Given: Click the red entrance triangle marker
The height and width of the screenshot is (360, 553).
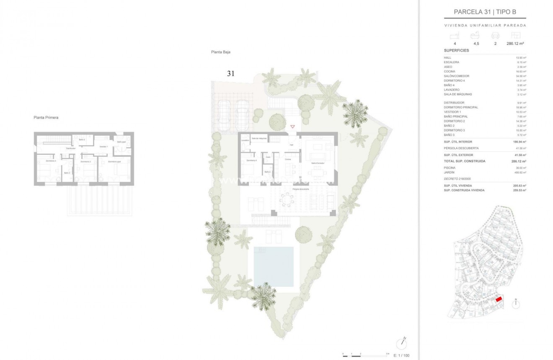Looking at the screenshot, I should pos(292,127).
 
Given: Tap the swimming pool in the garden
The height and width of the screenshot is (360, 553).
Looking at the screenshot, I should pos(274,266).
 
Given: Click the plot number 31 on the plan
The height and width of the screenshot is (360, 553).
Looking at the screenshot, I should pos(230,73).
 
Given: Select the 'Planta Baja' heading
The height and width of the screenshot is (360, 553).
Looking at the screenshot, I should pos(221,52).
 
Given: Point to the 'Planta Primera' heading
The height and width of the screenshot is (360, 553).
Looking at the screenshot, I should pos(46,118).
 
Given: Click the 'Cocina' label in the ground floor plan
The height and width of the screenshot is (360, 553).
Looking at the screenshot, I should pos(288,160).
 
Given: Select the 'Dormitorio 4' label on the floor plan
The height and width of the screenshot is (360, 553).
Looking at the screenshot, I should pos(251,161).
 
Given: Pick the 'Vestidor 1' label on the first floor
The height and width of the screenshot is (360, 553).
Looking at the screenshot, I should pos(103,147).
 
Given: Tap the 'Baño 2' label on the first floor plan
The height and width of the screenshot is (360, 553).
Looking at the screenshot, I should pos(82,139).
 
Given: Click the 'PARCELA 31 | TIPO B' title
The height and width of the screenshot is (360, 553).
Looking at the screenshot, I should pos(485,12).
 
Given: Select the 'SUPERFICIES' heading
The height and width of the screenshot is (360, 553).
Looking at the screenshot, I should pos(456,51).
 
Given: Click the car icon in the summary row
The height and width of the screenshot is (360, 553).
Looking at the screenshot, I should pos(495,36).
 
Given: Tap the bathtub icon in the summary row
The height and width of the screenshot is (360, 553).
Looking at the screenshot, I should pos(475,36).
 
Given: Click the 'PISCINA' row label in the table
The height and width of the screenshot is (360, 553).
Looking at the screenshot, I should pos(450,168).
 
